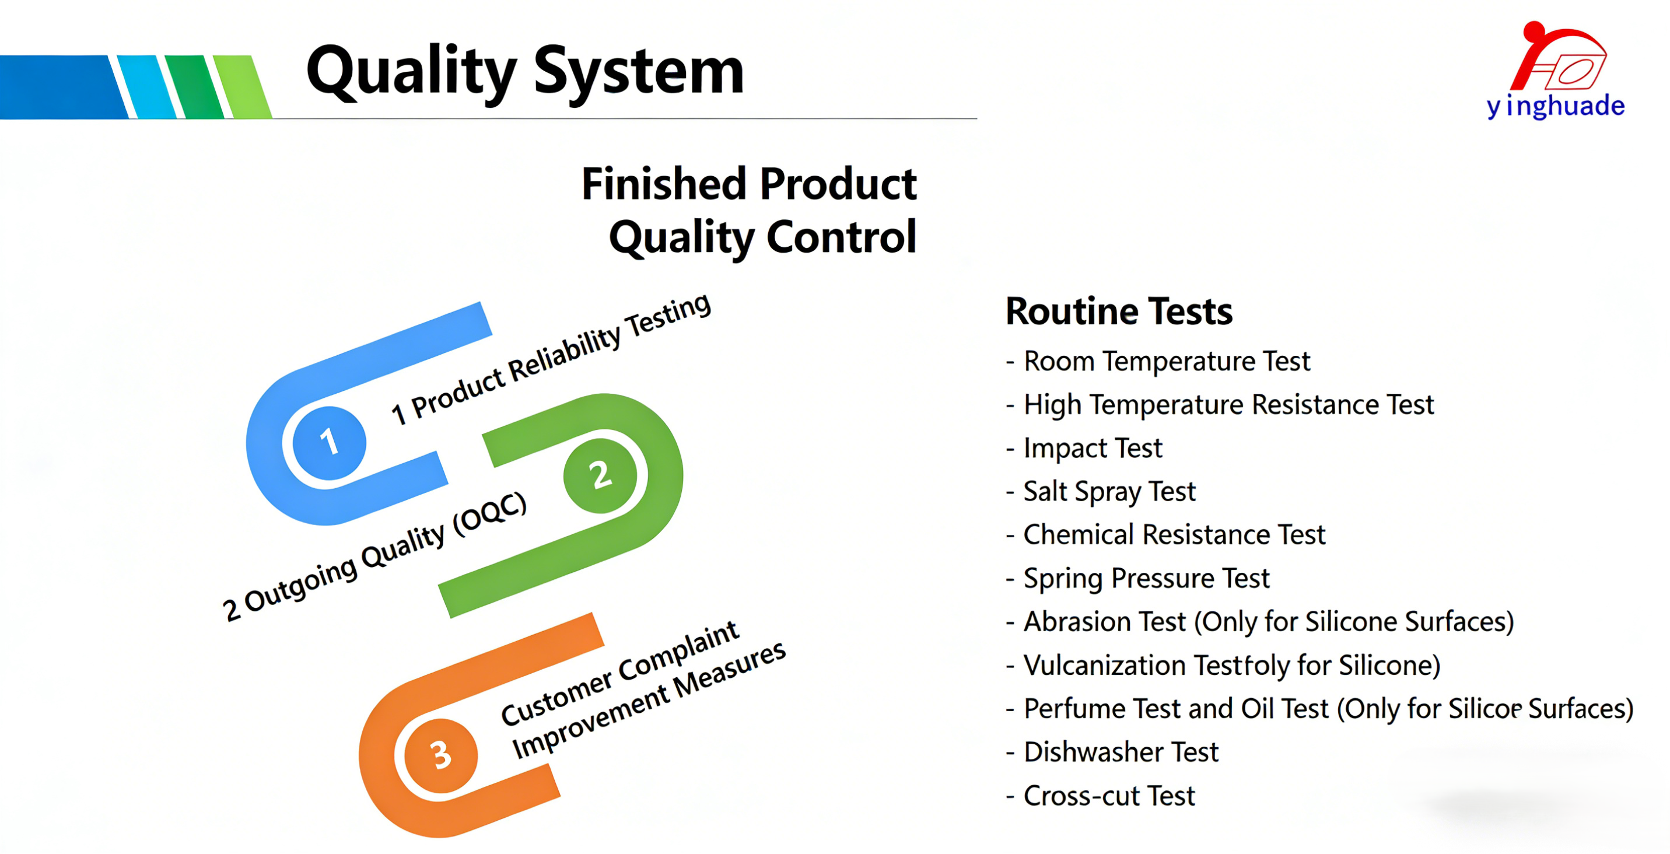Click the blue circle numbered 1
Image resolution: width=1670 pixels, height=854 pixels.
[330, 442]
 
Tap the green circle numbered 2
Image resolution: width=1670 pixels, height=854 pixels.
[600, 475]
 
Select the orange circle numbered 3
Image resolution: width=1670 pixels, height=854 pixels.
[441, 755]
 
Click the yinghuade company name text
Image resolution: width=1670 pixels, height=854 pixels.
[1556, 106]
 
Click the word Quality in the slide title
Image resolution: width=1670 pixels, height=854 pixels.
[412, 71]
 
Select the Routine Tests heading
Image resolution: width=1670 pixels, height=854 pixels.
[1119, 311]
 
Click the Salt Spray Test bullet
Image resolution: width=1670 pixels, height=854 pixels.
[1101, 492]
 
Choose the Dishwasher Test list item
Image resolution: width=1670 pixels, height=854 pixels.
[1112, 752]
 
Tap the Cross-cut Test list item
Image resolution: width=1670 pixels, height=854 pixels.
[1101, 796]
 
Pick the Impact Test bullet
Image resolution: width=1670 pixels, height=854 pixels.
[1084, 448]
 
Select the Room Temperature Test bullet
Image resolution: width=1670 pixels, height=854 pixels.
[1158, 361]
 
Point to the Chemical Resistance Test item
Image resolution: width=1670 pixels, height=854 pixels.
[1165, 535]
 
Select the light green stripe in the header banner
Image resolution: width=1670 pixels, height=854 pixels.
[243, 87]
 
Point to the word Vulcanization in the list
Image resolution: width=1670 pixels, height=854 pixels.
[1105, 666]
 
